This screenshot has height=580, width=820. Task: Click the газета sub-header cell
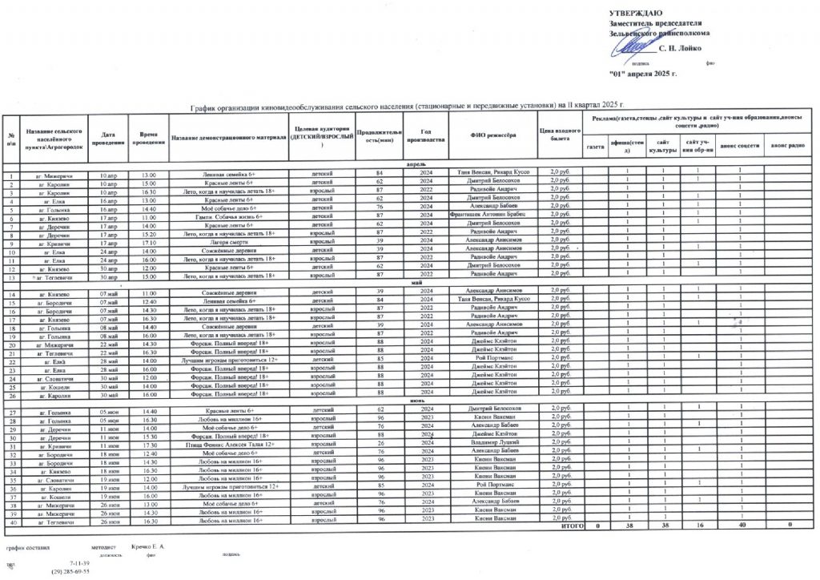[595, 147]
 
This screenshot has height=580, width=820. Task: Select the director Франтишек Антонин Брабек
[491, 217]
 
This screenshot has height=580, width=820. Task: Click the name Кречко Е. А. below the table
[148, 546]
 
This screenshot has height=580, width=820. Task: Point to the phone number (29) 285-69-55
[70, 572]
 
